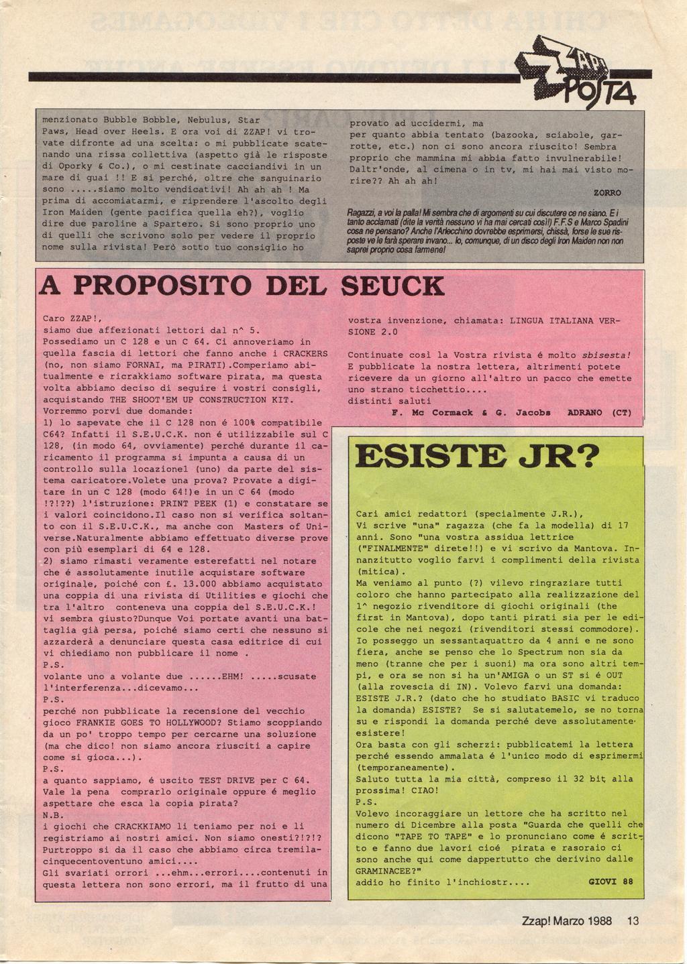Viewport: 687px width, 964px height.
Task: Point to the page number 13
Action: (633, 921)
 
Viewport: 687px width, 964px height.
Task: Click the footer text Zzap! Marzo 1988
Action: (566, 921)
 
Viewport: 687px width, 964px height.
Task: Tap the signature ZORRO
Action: (607, 192)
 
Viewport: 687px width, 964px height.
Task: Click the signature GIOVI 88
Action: (611, 882)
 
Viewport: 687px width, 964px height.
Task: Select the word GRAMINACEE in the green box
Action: (385, 870)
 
